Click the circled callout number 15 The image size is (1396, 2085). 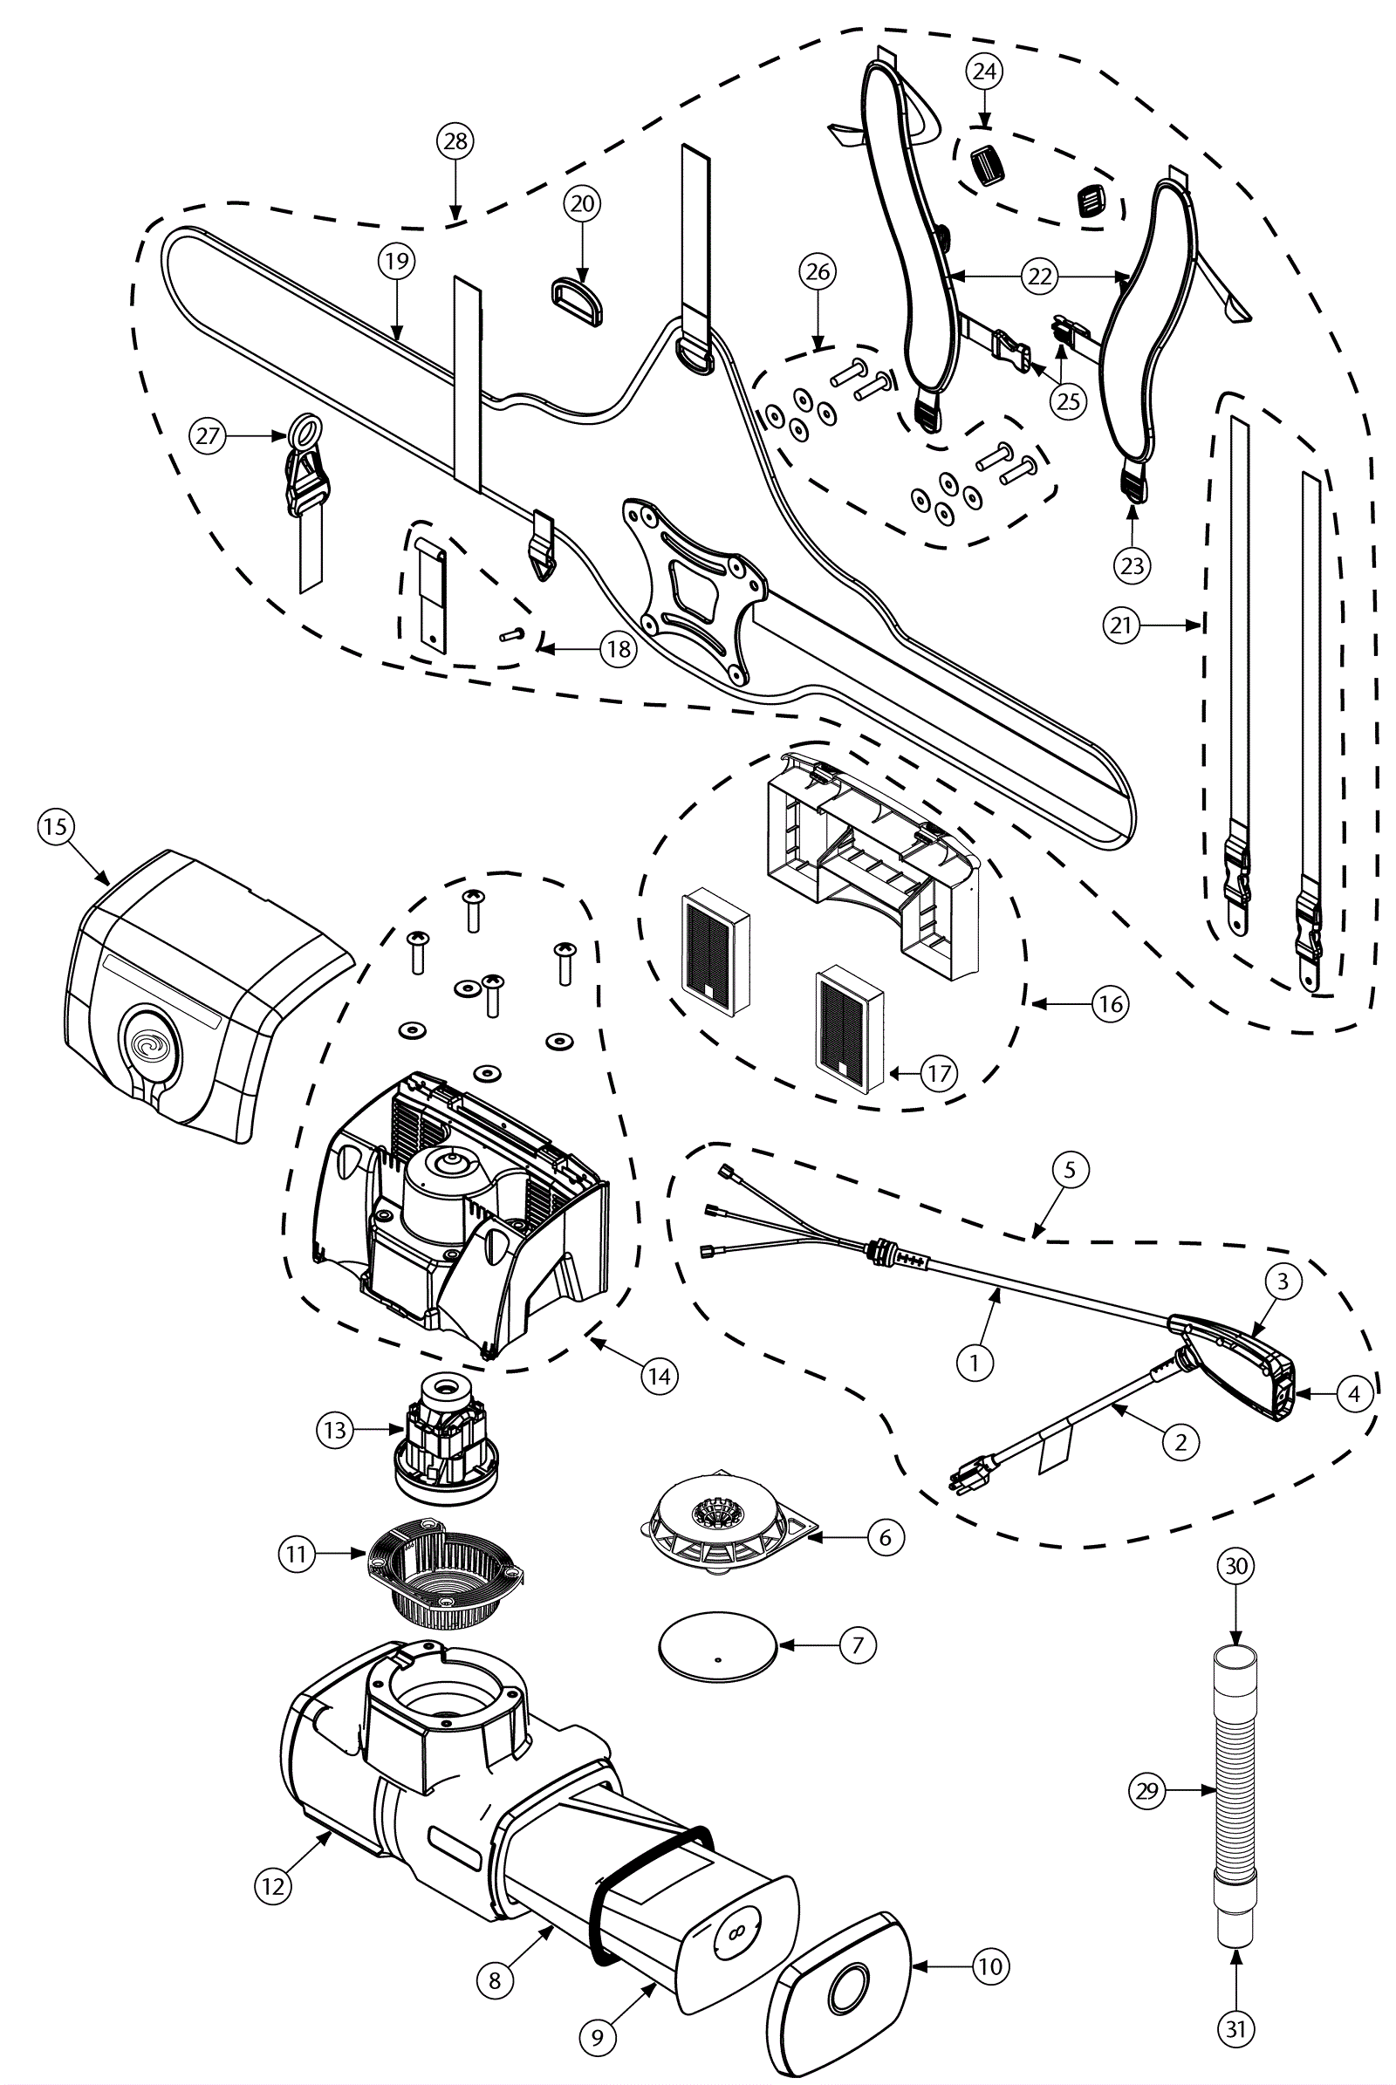tap(54, 826)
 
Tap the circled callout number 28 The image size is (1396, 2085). tap(455, 140)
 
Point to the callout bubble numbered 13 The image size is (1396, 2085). tap(335, 1430)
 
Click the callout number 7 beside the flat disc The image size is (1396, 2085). tap(859, 1644)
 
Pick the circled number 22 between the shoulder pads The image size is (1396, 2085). tap(1040, 277)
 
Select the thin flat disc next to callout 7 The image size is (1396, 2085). tap(716, 1646)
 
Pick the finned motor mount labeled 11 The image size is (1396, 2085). tap(445, 1574)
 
